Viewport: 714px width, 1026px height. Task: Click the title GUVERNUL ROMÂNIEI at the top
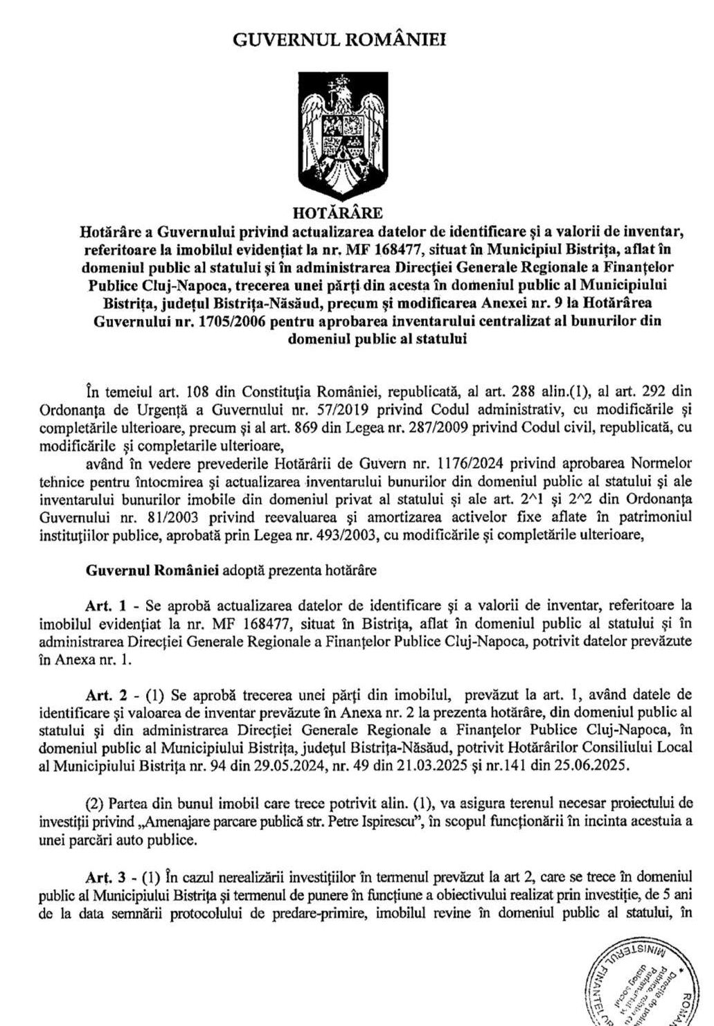[339, 39]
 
